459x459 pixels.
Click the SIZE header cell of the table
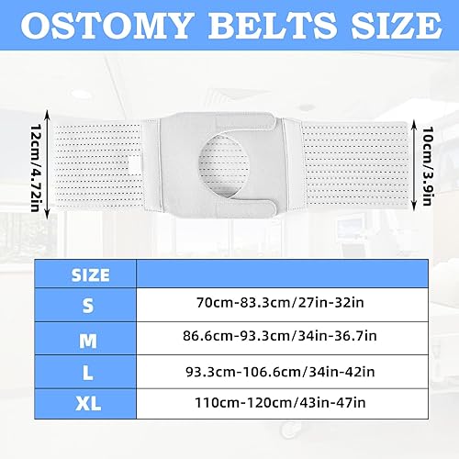[89, 274]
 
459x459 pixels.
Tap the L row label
[89, 372]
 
